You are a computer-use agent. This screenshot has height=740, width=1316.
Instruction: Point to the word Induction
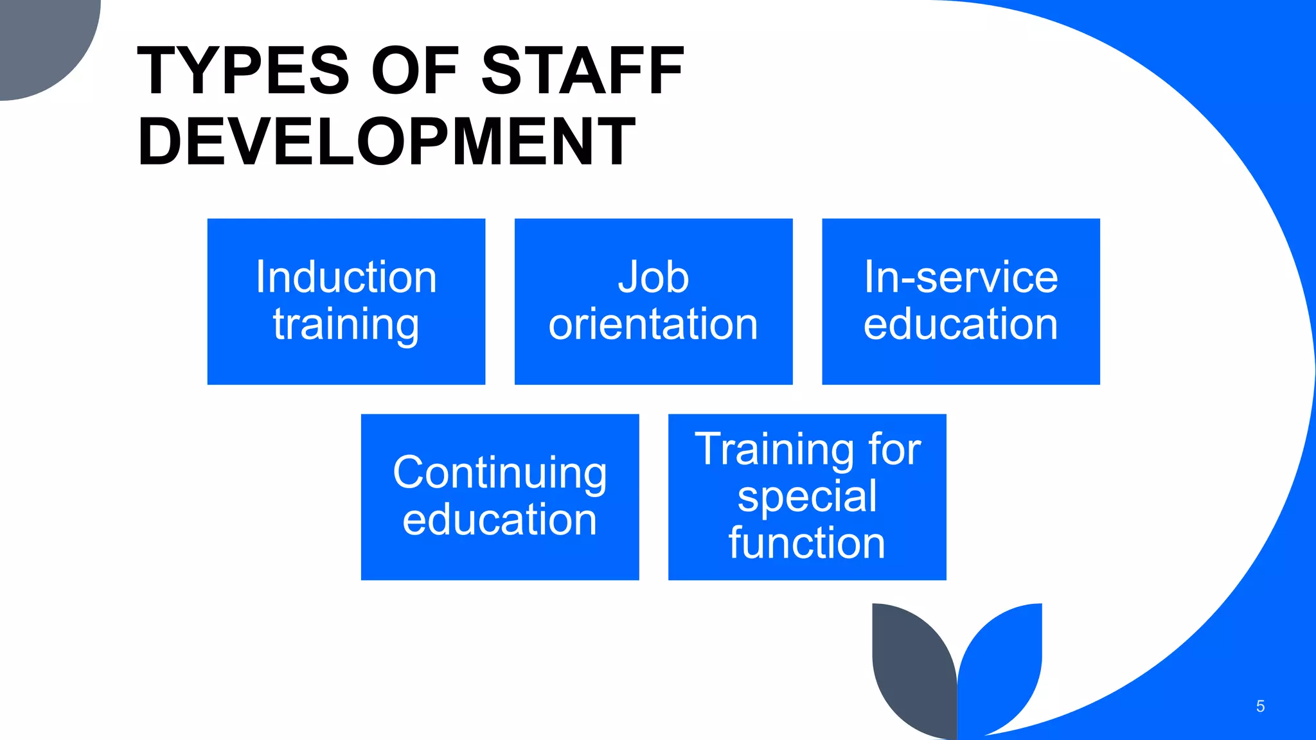point(346,277)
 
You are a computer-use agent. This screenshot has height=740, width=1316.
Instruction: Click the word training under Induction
point(346,324)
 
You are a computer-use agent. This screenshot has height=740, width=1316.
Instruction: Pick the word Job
point(654,277)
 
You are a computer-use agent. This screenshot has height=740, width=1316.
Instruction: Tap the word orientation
point(654,324)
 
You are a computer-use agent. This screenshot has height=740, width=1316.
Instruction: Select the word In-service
point(961,277)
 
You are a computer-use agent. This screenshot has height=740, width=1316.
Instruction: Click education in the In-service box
point(961,324)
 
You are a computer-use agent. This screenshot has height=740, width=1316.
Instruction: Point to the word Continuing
point(500,473)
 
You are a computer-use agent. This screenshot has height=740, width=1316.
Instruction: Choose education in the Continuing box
point(500,520)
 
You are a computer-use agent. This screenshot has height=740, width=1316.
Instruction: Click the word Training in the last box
point(775,449)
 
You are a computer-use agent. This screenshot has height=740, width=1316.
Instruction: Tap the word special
point(807,497)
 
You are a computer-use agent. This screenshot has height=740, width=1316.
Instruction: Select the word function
point(807,543)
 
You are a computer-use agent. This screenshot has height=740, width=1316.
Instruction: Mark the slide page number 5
point(1260,707)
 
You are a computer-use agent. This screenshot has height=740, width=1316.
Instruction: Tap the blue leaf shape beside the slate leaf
point(1002,662)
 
